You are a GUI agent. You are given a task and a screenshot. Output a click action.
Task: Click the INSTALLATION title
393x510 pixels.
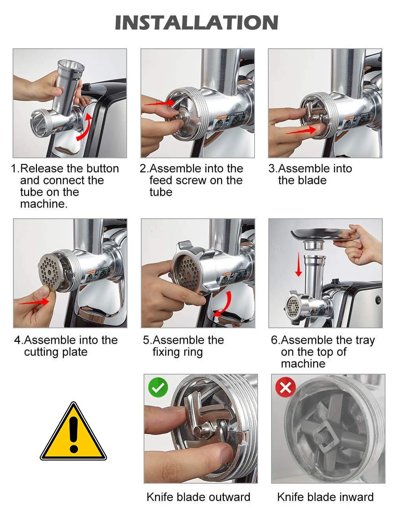[x=197, y=22]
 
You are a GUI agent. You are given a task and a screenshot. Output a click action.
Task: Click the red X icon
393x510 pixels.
[x=285, y=387]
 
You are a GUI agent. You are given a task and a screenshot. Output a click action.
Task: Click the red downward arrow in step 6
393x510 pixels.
[x=299, y=264]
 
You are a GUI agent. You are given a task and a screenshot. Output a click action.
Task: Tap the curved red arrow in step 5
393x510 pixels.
[x=225, y=305]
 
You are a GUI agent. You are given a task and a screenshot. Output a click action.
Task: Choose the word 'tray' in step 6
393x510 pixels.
[x=364, y=340]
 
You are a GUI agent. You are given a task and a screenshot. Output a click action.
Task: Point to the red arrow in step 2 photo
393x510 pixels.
[x=159, y=103]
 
